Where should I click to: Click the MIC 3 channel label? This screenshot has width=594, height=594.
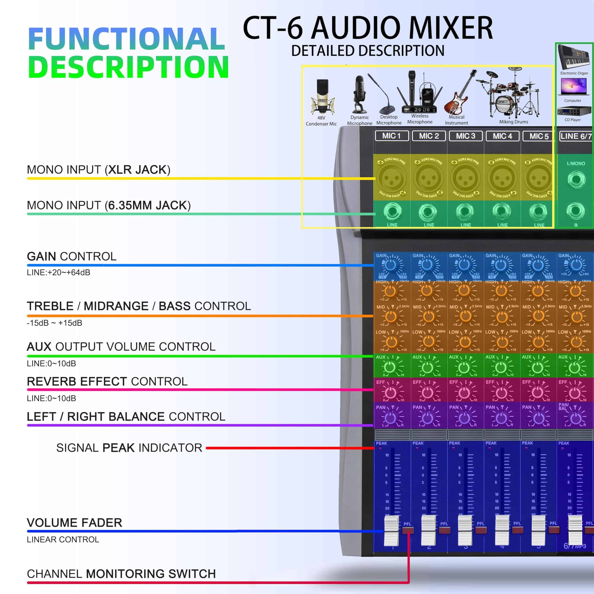click(x=465, y=136)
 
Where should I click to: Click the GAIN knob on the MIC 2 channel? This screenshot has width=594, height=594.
click(x=427, y=265)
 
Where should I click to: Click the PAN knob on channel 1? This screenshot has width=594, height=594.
click(x=391, y=418)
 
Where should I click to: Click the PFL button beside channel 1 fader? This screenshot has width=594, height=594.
click(x=408, y=530)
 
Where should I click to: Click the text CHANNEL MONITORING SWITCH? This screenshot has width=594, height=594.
click(x=121, y=574)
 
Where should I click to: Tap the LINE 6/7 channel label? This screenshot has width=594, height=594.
click(x=575, y=136)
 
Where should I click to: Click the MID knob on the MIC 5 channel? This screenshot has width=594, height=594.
click(x=538, y=316)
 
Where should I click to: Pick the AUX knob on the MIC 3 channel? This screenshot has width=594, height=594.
click(x=464, y=367)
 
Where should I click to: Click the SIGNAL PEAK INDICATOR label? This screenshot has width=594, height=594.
click(x=129, y=448)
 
